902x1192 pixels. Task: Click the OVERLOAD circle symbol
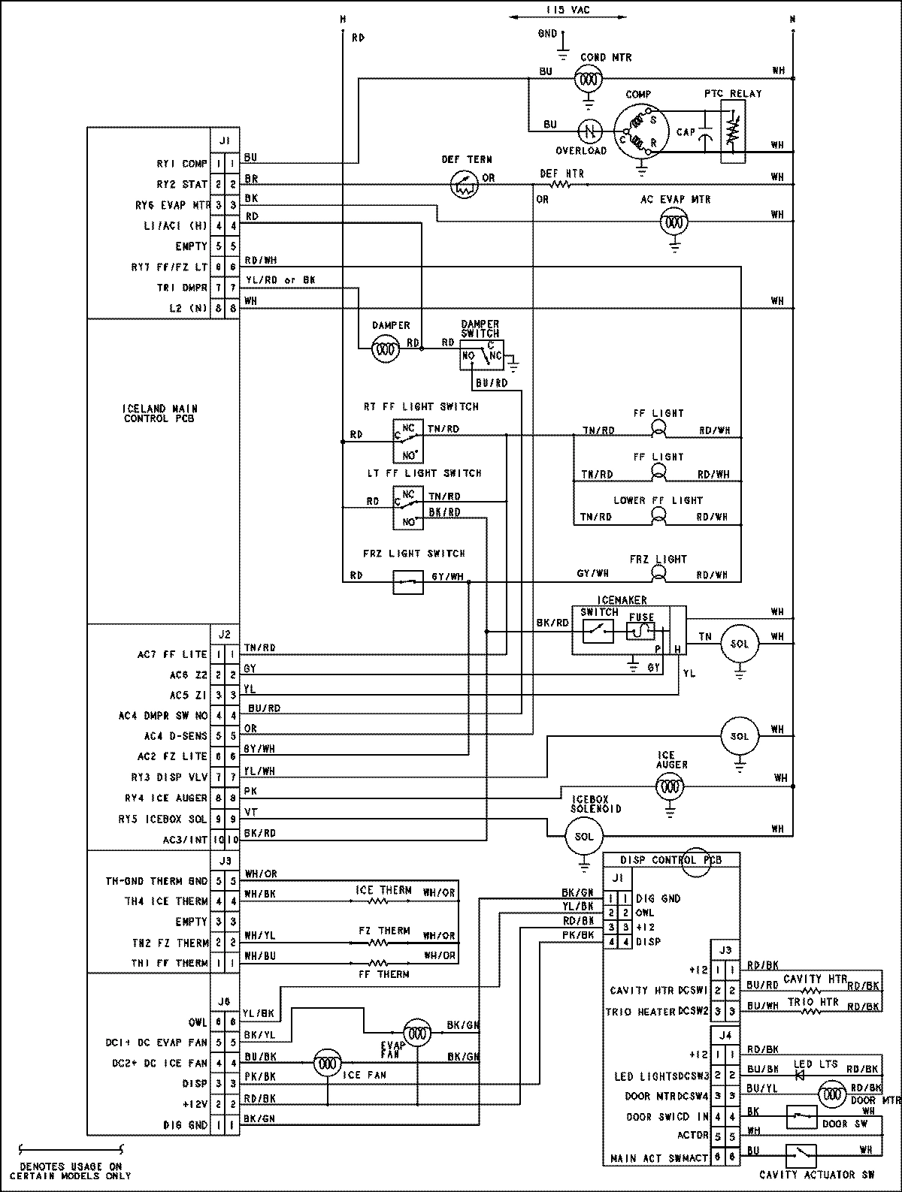pyautogui.click(x=590, y=130)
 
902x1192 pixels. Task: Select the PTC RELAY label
pyautogui.click(x=732, y=94)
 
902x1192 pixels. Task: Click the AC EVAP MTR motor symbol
pyautogui.click(x=674, y=222)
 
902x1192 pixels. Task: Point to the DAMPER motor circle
pyautogui.click(x=386, y=349)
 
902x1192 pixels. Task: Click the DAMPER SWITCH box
pyautogui.click(x=482, y=354)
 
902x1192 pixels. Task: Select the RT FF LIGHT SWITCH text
pyautogui.click(x=420, y=406)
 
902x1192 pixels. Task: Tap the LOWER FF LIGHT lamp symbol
pyautogui.click(x=658, y=515)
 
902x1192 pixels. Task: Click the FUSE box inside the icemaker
pyautogui.click(x=640, y=631)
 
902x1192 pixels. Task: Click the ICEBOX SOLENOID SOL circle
pyautogui.click(x=583, y=836)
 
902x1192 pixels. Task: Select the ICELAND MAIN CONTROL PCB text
pyautogui.click(x=160, y=414)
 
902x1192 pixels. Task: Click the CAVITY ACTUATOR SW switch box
pyautogui.click(x=801, y=1154)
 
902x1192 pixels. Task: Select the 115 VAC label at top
pyautogui.click(x=568, y=10)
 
